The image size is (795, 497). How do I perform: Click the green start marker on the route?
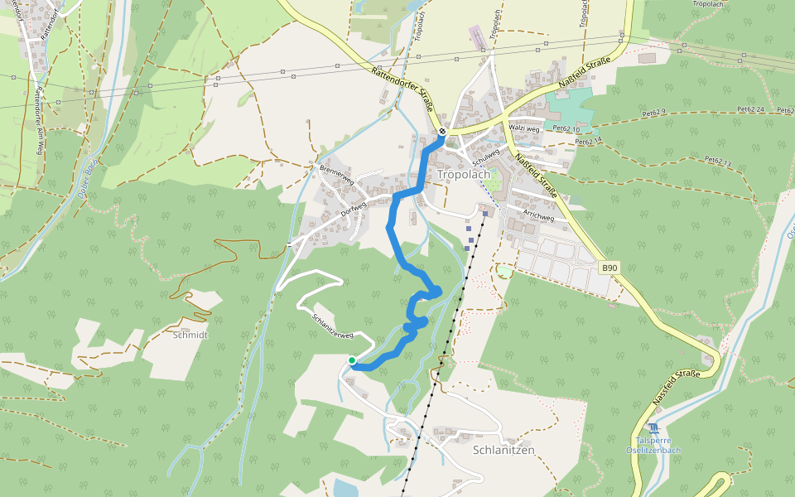pos(352,360)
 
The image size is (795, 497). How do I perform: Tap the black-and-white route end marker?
pos(443,131)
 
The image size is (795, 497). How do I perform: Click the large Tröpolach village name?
pos(464,175)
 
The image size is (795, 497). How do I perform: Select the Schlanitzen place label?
pos(503,450)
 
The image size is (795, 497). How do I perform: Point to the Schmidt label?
pos(190,335)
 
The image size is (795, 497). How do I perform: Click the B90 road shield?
pos(609,268)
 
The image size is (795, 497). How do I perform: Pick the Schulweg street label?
pos(487,154)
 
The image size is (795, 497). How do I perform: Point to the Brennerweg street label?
pos(336,174)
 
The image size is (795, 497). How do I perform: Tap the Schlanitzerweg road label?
pos(333,325)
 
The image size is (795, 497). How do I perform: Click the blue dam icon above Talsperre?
pos(653,428)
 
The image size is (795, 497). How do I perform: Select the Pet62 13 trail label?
pos(719,162)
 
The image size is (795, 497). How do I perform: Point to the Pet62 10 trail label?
pos(566,129)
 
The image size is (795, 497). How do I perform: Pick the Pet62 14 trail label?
pos(587,142)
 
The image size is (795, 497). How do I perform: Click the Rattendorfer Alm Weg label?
pos(38,116)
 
